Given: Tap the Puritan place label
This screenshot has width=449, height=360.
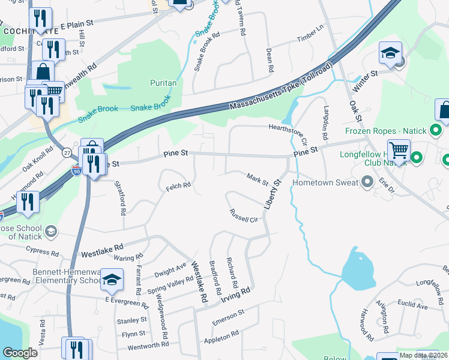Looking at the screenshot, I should click(x=163, y=83).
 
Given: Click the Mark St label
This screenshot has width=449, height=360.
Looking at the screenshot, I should click(x=257, y=178).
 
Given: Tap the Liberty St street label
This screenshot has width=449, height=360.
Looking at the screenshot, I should click(x=273, y=194).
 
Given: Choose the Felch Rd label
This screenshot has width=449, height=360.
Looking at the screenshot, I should click(x=178, y=187).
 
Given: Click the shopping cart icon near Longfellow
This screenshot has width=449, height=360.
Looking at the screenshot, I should click(x=399, y=150).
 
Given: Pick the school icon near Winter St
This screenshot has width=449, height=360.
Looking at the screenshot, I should click(x=390, y=54).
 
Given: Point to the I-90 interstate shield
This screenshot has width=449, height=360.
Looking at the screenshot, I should click(x=76, y=171).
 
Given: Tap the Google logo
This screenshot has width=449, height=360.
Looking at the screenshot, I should click(x=20, y=352).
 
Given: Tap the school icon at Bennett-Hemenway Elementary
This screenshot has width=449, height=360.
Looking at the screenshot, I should click(x=112, y=279).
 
